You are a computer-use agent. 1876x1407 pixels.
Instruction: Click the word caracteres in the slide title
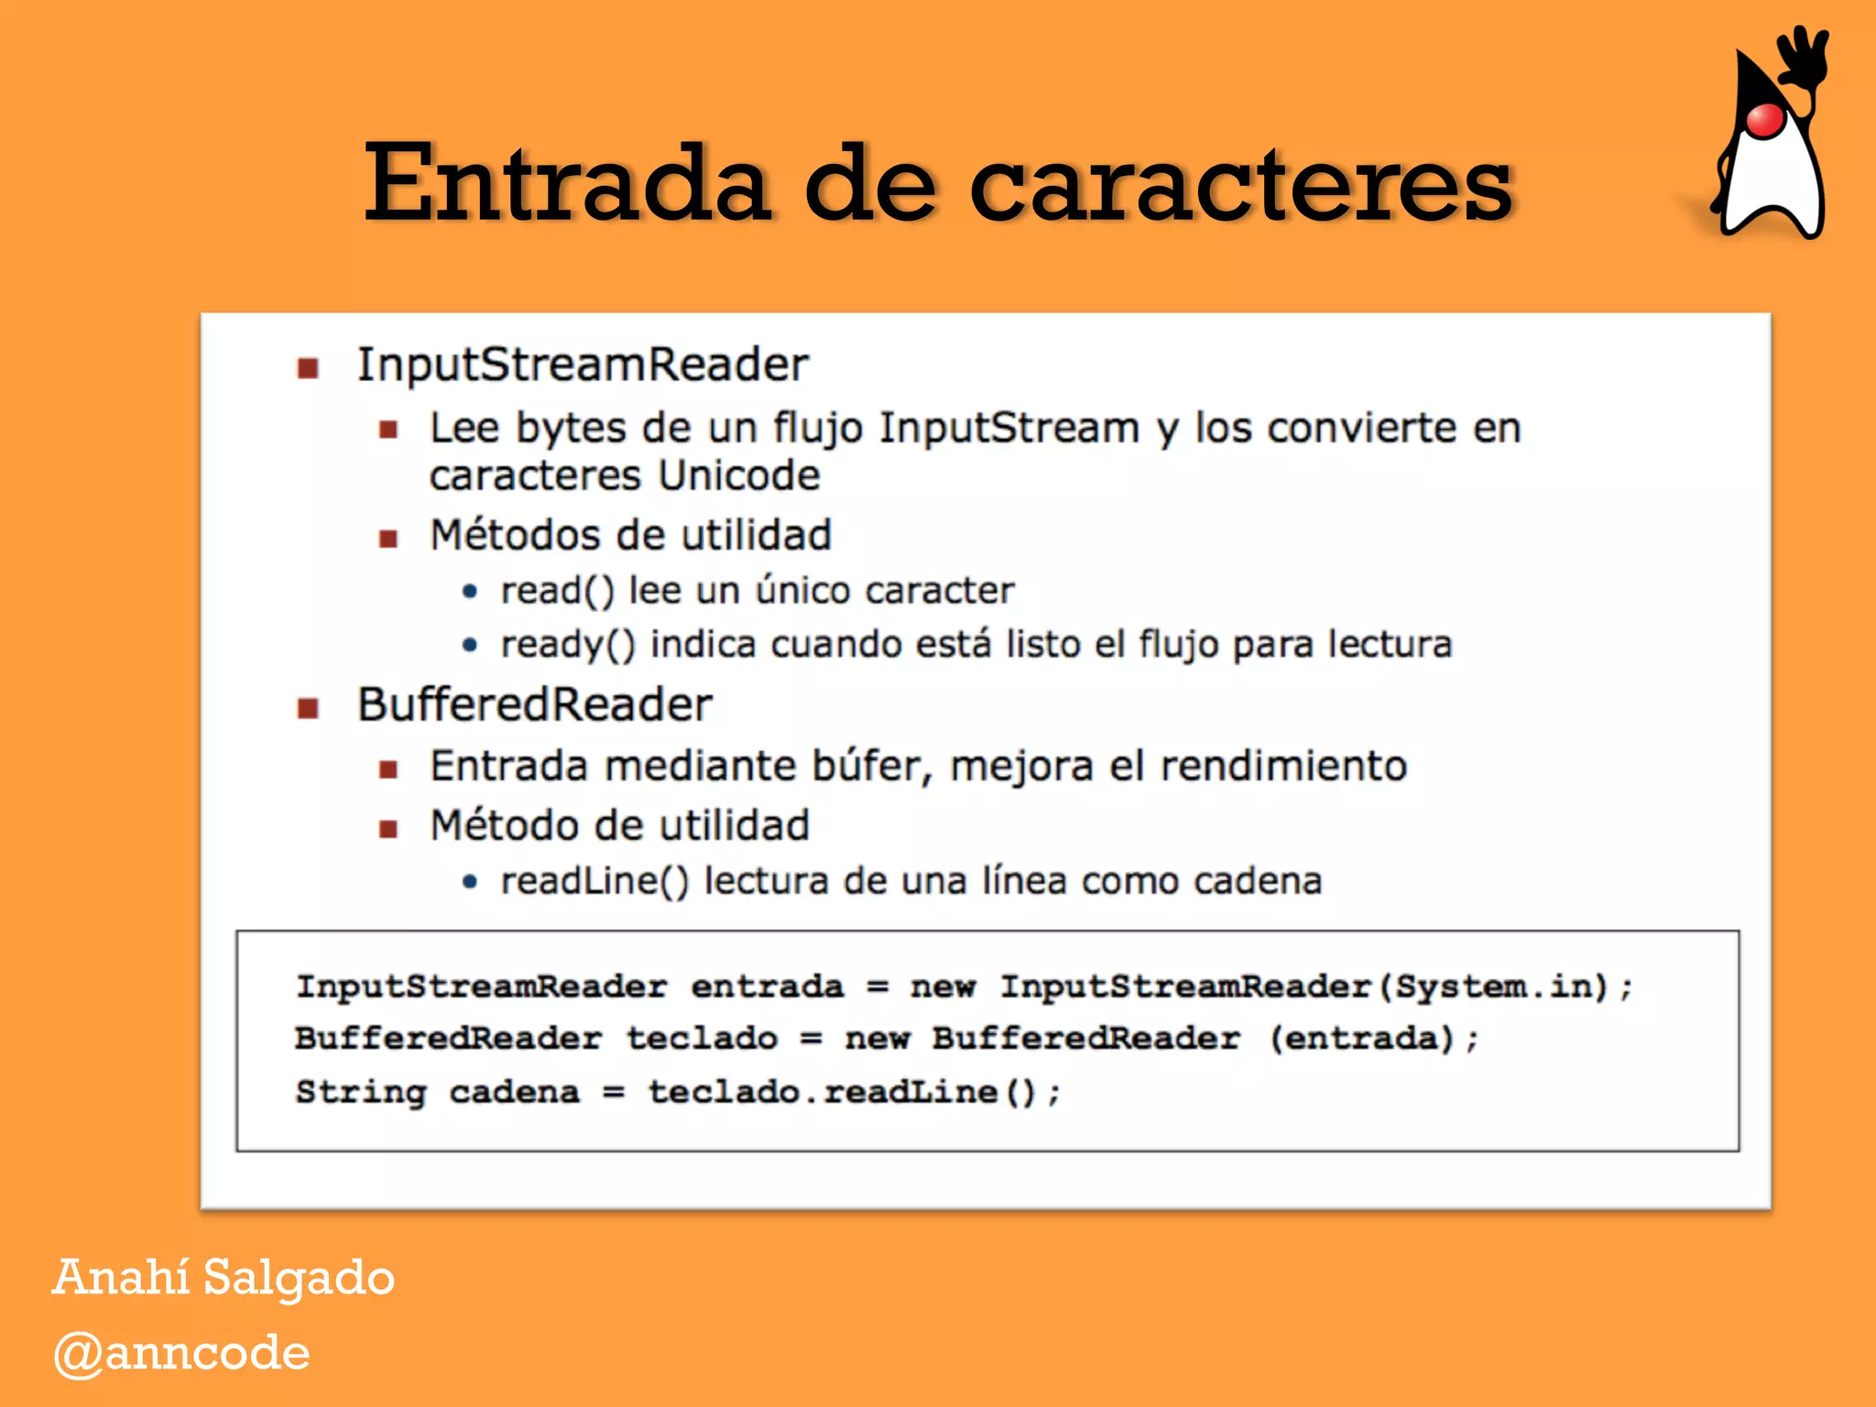click(1240, 187)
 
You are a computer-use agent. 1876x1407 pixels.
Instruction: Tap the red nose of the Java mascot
click(1764, 120)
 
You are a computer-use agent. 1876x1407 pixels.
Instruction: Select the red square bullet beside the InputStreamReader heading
click(308, 368)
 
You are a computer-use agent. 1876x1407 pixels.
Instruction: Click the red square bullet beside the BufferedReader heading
click(308, 708)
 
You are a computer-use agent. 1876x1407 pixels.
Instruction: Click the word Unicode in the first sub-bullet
click(738, 475)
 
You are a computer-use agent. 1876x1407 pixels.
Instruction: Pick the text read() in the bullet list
click(557, 591)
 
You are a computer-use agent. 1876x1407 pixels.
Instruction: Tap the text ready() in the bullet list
click(568, 645)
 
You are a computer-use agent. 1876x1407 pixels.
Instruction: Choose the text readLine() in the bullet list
click(594, 881)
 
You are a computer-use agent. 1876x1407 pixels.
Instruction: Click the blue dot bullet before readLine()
click(470, 882)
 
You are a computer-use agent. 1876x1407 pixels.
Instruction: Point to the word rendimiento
click(1283, 766)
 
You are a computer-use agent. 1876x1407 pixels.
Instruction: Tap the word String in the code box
click(361, 1092)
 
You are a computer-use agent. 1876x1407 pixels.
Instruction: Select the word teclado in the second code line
click(702, 1039)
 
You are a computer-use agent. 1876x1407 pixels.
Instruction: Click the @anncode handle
click(181, 1353)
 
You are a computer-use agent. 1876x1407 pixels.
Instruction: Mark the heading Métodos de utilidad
click(631, 535)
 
